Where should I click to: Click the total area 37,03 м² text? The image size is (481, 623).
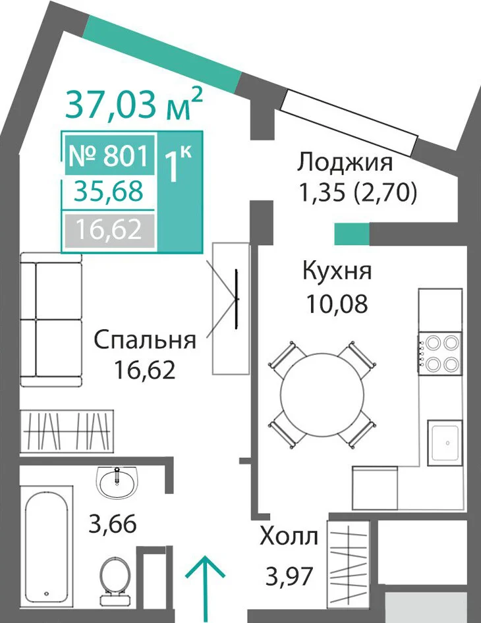point(134,103)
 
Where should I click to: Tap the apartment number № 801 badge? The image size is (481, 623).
point(109,155)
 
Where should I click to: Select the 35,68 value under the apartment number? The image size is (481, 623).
point(109,192)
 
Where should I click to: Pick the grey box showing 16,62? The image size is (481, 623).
point(109,230)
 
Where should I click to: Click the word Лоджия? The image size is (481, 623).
point(345,163)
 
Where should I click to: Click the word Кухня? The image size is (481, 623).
point(337,271)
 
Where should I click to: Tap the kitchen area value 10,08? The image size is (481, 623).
point(337,304)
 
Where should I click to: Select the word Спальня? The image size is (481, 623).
point(145,340)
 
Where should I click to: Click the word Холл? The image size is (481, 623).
point(289,536)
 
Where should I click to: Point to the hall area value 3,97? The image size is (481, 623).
point(289,576)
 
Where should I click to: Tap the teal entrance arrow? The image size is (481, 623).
point(206,589)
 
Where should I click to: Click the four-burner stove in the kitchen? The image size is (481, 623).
point(439,352)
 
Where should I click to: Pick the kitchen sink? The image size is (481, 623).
point(445,443)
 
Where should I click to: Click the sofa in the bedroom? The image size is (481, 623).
point(51,319)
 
